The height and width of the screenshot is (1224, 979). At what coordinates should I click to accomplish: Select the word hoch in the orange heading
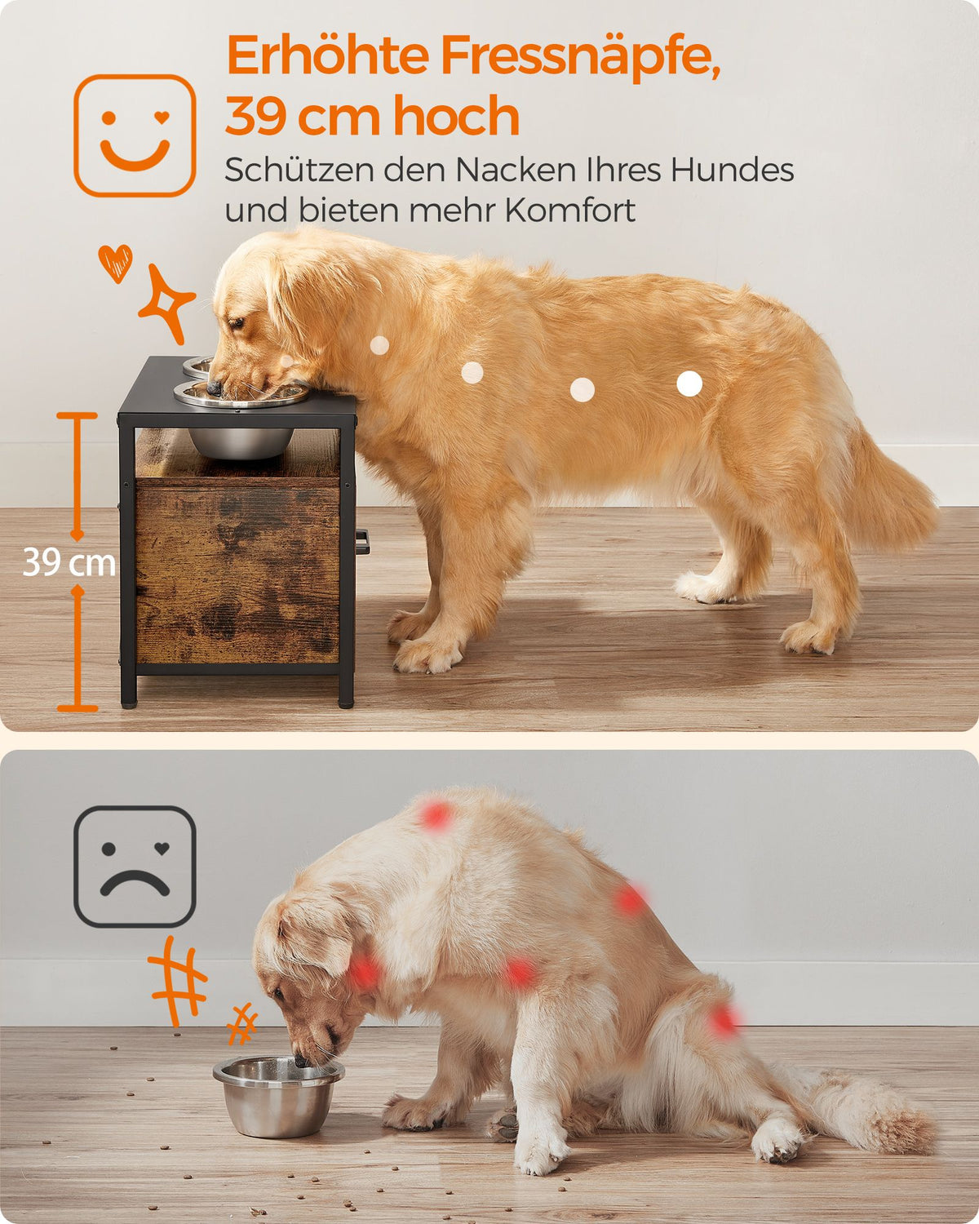[456, 115]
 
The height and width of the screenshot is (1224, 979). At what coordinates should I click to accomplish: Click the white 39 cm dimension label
[69, 562]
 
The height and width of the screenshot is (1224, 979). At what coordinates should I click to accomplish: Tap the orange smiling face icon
[135, 135]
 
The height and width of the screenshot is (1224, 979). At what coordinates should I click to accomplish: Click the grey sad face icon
[135, 867]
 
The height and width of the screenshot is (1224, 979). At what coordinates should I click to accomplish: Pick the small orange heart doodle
[116, 264]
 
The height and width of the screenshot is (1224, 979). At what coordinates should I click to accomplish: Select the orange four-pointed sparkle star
[166, 304]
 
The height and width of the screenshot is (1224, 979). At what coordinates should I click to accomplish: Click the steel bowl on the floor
[278, 1096]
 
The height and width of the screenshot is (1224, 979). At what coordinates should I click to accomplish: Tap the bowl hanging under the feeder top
[241, 443]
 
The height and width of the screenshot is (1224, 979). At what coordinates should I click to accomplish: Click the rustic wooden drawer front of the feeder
[237, 574]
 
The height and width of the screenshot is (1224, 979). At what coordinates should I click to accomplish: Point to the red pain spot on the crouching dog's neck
[364, 972]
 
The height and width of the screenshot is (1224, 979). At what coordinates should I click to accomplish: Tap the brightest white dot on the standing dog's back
[689, 384]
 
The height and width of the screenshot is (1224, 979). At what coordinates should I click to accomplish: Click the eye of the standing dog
[237, 323]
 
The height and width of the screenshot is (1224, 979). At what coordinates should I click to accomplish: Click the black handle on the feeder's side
[362, 542]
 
